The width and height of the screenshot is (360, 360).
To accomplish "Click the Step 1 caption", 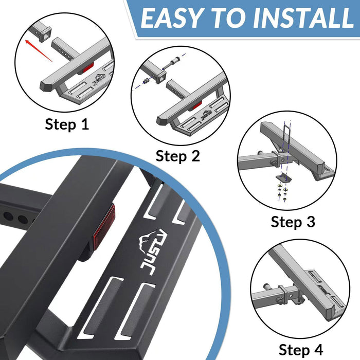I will tap(67, 124).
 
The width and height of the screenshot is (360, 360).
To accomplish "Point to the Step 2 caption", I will tap(177, 155).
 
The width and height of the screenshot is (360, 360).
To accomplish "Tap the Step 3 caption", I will tap(293, 222).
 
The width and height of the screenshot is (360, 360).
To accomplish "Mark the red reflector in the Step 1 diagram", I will tap(88, 67).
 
